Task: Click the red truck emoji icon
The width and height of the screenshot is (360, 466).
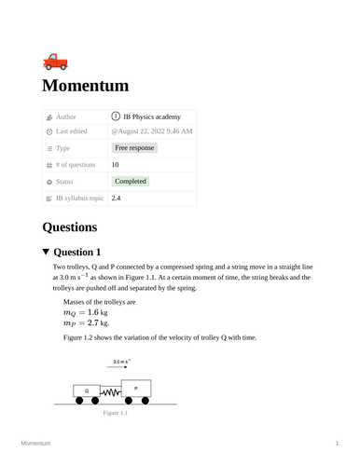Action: point(55,62)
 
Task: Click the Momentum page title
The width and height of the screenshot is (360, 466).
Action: point(98,87)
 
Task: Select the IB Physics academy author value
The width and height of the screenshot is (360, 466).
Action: point(151,116)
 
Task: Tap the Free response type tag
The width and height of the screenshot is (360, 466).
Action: point(134,148)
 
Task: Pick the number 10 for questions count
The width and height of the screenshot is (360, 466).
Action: point(116,164)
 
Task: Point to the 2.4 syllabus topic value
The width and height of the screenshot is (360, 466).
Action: point(116,199)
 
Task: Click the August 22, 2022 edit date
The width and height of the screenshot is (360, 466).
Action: point(152,132)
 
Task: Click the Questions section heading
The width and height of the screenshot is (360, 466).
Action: point(70,226)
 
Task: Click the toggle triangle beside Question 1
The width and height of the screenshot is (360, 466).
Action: point(47,253)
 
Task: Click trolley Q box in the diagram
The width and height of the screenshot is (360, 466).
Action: point(87,390)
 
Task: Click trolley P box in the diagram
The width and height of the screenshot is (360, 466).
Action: point(136,387)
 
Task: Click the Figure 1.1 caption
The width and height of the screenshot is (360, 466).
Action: point(116,412)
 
